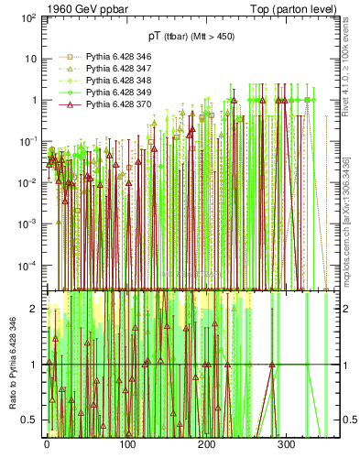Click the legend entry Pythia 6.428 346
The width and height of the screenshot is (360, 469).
pos(107,57)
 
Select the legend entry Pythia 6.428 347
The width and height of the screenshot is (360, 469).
pos(107,68)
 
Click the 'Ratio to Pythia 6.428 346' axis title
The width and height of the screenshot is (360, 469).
pos(11,365)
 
